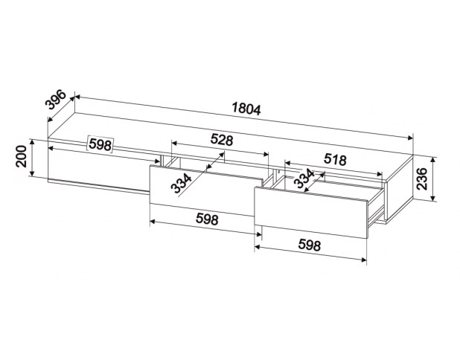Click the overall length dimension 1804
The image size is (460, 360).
(x=246, y=109)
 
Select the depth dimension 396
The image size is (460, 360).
(x=55, y=100)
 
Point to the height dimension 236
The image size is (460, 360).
(x=422, y=179)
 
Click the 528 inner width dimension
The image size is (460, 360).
(x=222, y=140)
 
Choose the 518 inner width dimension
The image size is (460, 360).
(x=335, y=159)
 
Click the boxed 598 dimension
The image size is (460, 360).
(x=100, y=144)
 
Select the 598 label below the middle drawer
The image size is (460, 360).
(x=207, y=219)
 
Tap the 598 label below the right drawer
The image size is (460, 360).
(x=310, y=245)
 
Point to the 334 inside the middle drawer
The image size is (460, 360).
(x=182, y=183)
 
